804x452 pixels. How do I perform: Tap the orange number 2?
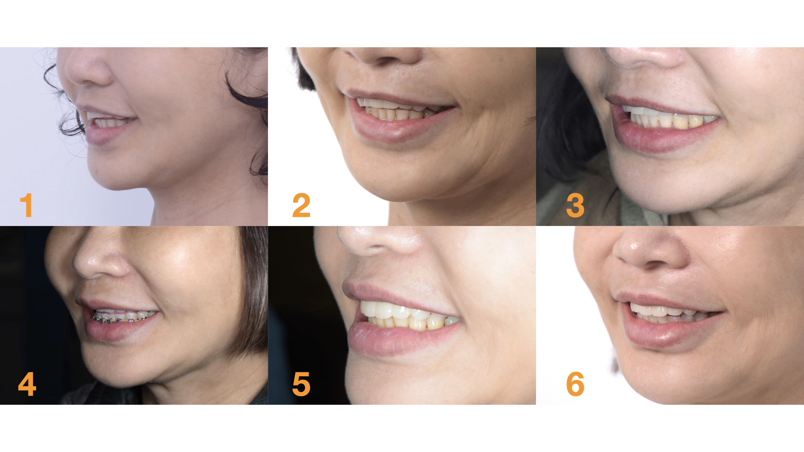coord(301,205)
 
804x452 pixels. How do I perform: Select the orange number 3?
coord(575,205)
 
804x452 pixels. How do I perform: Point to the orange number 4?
coord(27,384)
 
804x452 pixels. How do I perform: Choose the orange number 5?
coord(301,384)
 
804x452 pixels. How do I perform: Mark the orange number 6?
coord(575,384)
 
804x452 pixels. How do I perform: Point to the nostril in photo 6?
coord(656,264)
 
